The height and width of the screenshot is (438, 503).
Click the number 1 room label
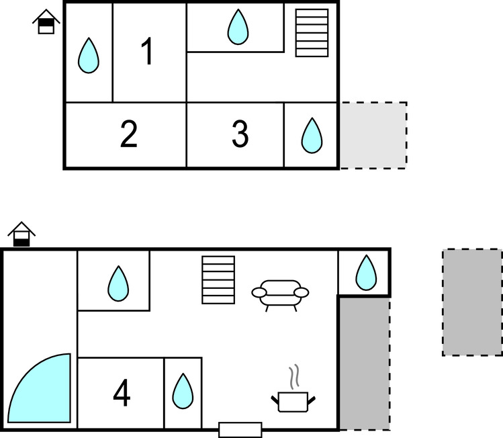coord(148,52)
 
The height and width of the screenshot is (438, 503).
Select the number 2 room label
coord(129,134)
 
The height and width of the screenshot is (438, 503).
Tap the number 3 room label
coord(240,134)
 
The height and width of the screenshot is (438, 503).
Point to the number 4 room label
coord(122,394)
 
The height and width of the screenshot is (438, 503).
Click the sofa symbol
coord(280,294)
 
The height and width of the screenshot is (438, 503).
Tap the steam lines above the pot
coord(293,376)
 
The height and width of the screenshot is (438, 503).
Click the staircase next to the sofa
coord(218,279)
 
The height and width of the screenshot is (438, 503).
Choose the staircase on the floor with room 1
coord(312,33)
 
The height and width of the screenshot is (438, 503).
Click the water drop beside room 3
coord(311,135)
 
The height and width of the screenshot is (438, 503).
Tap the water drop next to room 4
coord(182,391)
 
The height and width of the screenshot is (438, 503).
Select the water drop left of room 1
coord(88,55)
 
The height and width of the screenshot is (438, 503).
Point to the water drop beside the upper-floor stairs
coord(238,27)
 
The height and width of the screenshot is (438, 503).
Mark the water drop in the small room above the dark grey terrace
coord(365,272)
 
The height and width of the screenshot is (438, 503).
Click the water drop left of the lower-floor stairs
coord(118,283)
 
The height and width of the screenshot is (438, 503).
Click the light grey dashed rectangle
coord(373,135)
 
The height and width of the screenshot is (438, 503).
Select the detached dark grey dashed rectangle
coord(472,302)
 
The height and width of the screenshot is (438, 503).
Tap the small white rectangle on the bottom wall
coord(240,429)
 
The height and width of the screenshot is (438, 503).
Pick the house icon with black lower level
coord(22,235)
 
